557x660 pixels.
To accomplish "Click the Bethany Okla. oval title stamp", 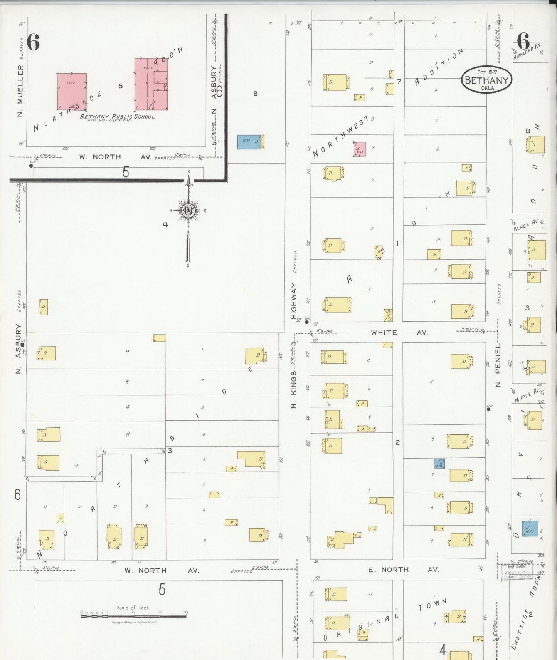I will (486, 80).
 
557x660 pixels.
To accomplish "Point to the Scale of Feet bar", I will (134, 616).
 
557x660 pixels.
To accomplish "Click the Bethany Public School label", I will (117, 117).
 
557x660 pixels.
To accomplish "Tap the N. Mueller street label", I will (20, 91).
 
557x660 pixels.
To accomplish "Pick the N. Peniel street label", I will (498, 365).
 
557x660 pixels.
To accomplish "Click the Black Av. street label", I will (526, 226).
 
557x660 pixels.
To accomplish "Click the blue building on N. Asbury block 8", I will (250, 142).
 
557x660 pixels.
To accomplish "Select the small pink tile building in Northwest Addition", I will (360, 149).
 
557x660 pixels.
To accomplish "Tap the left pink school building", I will (72, 91).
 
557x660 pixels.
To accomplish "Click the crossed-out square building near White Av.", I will (388, 315).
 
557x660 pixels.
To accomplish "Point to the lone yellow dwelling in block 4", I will (44, 307).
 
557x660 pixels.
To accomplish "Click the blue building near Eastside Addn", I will (530, 528).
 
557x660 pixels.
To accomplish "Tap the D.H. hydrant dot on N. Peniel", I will (488, 409).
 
